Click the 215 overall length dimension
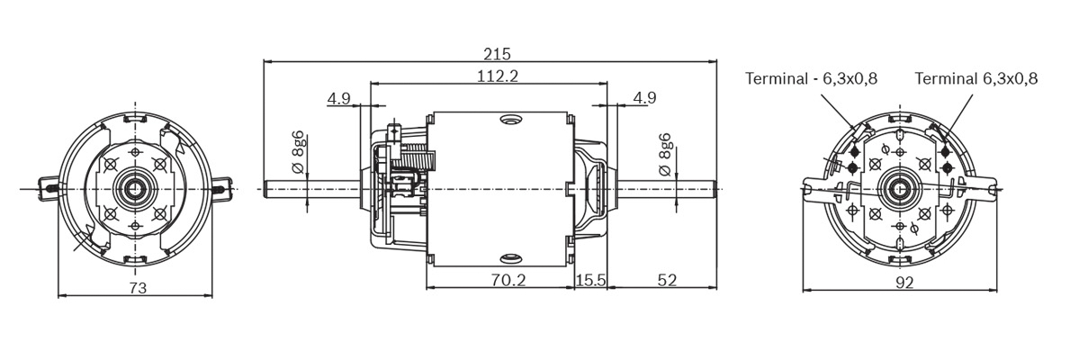490,53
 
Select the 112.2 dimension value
498,76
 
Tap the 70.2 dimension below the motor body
508,280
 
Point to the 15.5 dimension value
591,280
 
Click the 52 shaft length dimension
666,280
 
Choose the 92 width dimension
904,283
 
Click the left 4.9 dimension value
339,98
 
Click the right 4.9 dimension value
644,98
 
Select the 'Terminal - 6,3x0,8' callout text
811,78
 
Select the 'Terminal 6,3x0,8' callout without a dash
976,78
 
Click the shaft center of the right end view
897,188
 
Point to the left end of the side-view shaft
266,188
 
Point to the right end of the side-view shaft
715,188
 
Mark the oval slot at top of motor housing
509,120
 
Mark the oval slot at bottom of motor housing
509,258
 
